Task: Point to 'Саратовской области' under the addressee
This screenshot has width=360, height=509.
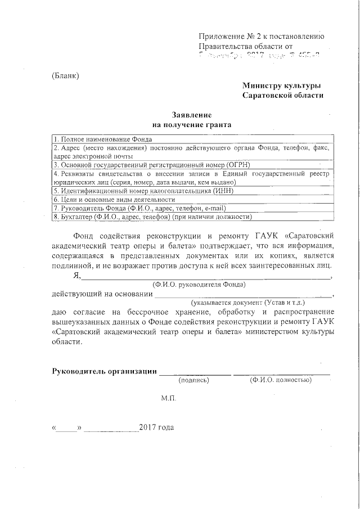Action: [x=283, y=96]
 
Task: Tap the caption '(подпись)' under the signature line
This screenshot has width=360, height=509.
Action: [x=193, y=380]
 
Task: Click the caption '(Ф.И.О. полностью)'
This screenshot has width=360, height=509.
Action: [x=281, y=380]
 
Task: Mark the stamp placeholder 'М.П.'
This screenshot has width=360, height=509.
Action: [x=168, y=398]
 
